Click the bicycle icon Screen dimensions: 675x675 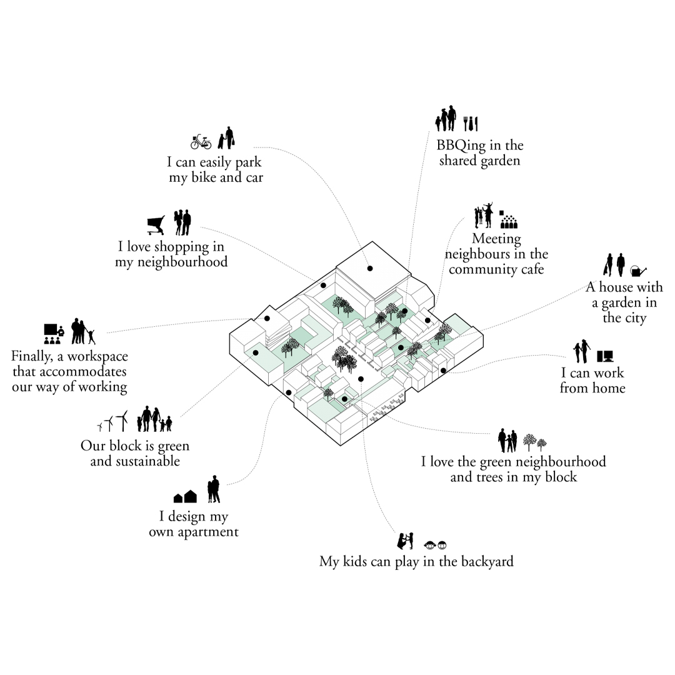(x=201, y=142)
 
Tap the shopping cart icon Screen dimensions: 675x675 (x=156, y=225)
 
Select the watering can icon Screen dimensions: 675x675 (x=638, y=271)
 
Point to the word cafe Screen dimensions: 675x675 (x=532, y=269)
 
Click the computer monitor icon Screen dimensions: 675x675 (x=605, y=356)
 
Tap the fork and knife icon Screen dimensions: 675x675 (x=471, y=124)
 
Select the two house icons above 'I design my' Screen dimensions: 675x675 (x=185, y=497)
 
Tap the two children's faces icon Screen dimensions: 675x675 (x=435, y=545)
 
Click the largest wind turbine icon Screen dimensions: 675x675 (x=122, y=421)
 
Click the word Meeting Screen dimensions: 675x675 (x=496, y=239)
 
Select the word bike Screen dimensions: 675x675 (x=204, y=177)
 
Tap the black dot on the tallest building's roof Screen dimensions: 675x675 (x=370, y=269)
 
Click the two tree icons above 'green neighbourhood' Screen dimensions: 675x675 (x=534, y=442)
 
